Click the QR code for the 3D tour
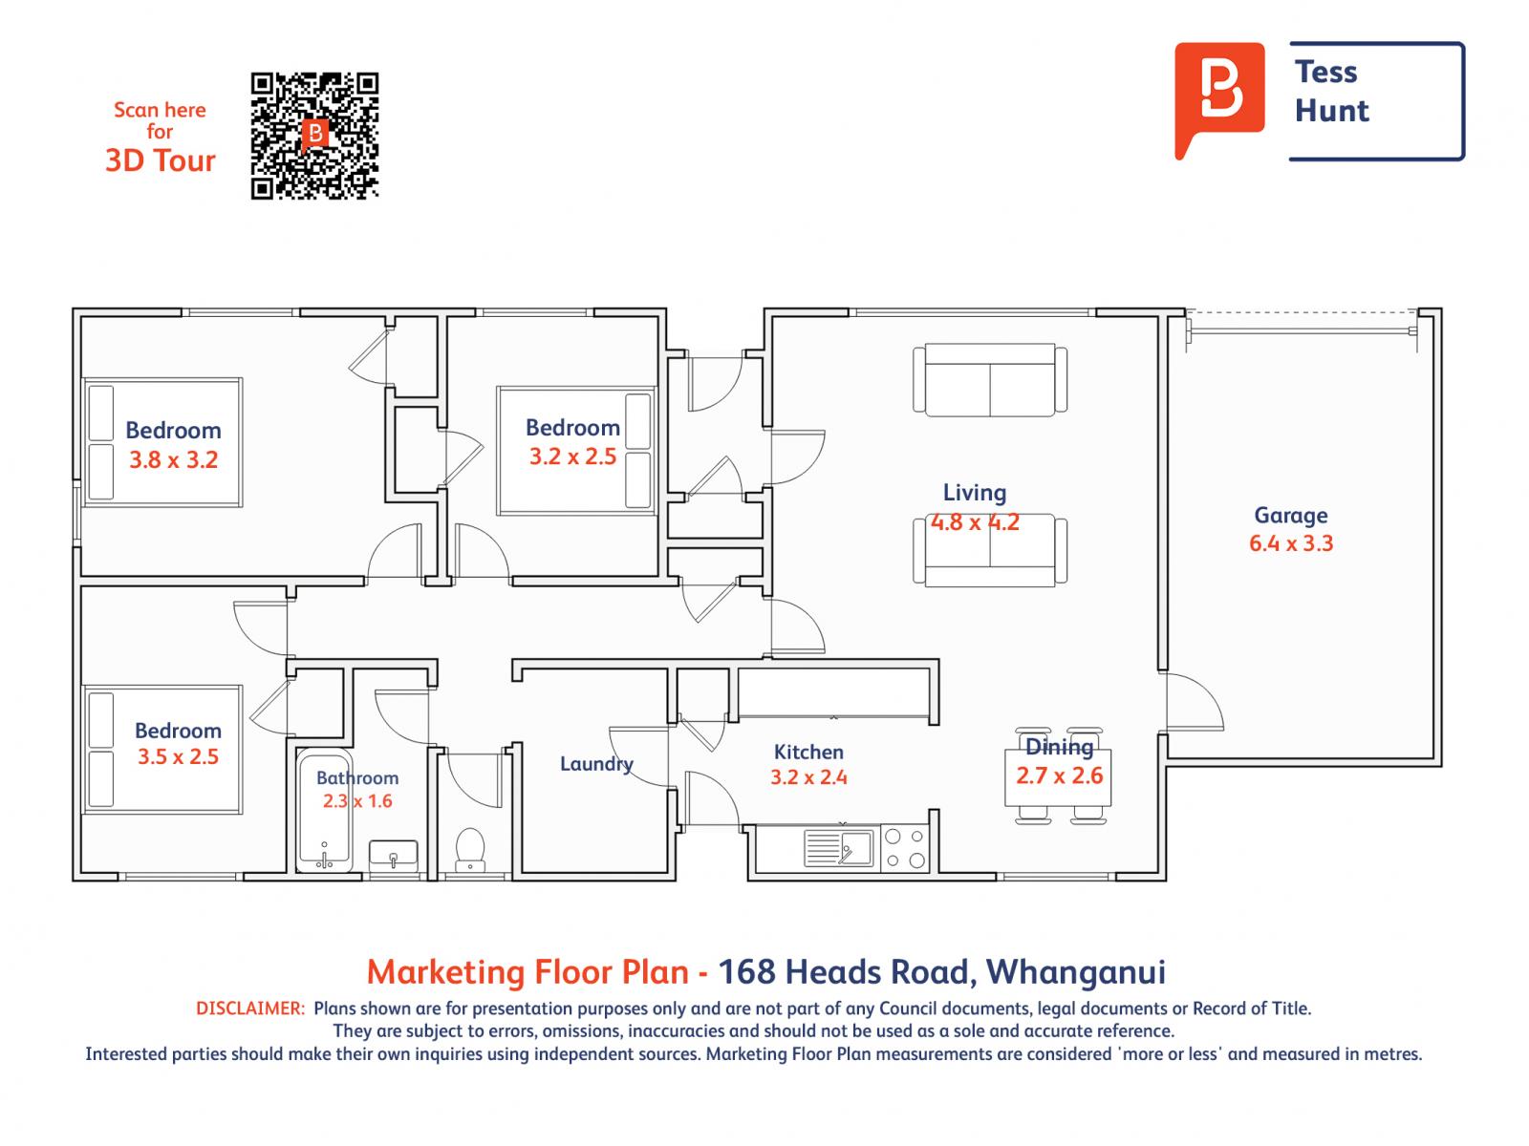click(x=314, y=136)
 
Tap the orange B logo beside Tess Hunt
click(x=1219, y=98)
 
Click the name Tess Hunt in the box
click(x=1332, y=92)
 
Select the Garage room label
click(x=1290, y=516)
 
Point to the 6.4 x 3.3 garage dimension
click(x=1290, y=543)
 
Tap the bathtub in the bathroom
click(x=324, y=812)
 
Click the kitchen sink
click(x=839, y=847)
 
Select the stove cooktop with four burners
click(x=904, y=848)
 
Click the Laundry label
click(x=596, y=764)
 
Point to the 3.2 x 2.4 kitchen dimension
click(x=808, y=777)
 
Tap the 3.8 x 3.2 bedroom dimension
click(x=174, y=459)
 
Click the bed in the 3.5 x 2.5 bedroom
click(x=162, y=750)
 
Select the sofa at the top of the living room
click(x=990, y=380)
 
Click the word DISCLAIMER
click(x=250, y=1008)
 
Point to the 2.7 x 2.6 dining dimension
click(x=1059, y=775)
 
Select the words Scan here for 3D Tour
click(x=161, y=136)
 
